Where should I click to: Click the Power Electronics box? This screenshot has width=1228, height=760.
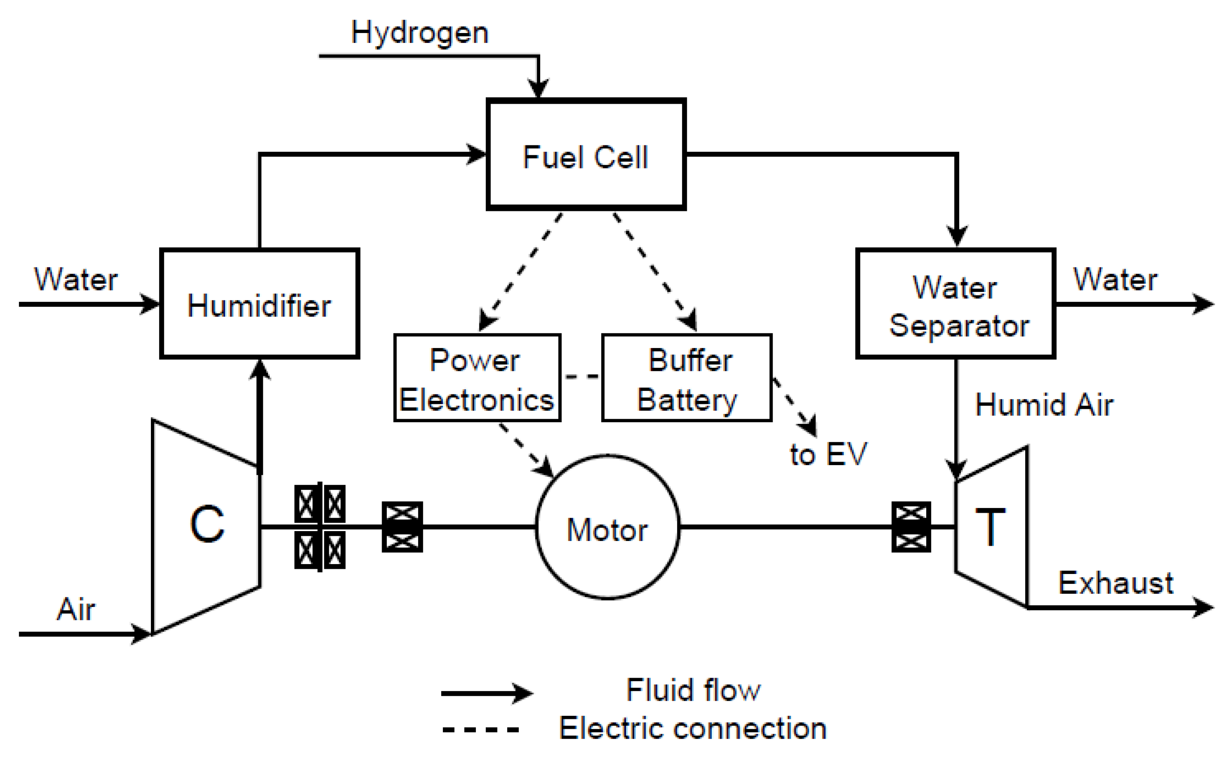point(476,378)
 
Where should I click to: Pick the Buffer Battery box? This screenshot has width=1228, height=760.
point(686,378)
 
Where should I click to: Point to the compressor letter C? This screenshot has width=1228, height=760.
point(206,524)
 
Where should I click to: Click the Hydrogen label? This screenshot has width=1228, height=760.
point(419,33)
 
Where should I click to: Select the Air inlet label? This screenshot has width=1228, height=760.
point(75,609)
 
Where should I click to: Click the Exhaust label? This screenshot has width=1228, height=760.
point(1115,583)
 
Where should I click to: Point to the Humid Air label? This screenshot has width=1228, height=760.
point(1044,405)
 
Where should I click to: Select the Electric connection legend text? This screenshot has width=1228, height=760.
point(692,728)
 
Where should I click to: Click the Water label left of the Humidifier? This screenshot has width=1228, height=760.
point(75,279)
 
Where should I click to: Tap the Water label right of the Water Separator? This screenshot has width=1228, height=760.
point(1115,279)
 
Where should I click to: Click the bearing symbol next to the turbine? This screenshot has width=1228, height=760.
point(911,527)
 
